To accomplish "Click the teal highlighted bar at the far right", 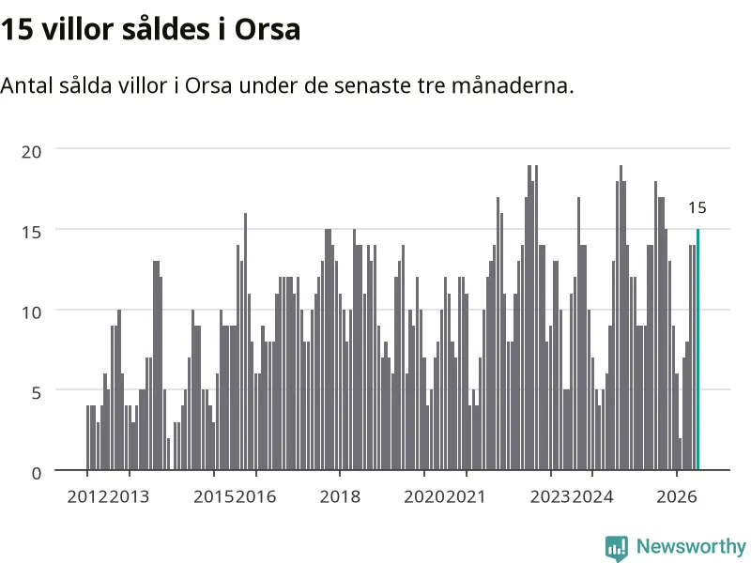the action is [x=697, y=349].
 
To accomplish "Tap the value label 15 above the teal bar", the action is [x=697, y=207].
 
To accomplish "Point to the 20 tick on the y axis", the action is [x=32, y=152].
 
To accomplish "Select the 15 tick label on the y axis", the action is [x=32, y=232].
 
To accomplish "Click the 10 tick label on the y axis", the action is [x=32, y=312].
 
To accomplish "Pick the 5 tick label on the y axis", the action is [x=37, y=393].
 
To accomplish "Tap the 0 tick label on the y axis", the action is [x=37, y=474].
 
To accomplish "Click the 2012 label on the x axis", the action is [x=87, y=496].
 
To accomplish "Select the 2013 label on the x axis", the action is [x=130, y=496].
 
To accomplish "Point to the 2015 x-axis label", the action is [x=214, y=496].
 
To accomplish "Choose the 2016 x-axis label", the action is [x=255, y=496].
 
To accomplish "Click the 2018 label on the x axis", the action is [x=340, y=496].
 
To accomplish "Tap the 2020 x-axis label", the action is [x=424, y=496].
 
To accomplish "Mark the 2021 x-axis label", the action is [x=466, y=496].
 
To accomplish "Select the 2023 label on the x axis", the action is [x=551, y=496].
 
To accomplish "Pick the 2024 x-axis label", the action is [x=592, y=496].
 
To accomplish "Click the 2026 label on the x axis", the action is [x=677, y=496].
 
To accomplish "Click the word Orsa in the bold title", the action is [x=268, y=29].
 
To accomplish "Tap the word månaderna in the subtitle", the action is [x=512, y=85].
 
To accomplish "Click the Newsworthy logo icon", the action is [x=617, y=548].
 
